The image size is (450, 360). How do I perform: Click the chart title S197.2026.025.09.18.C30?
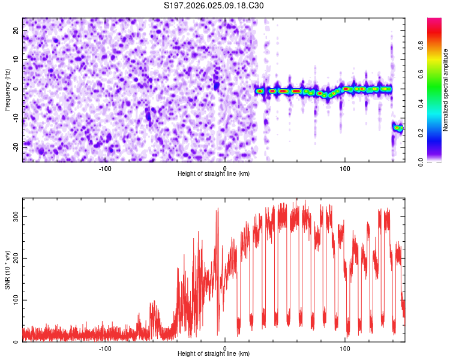tap(214, 5)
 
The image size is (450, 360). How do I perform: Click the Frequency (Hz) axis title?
tap(7, 90)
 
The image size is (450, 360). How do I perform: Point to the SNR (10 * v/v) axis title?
tap(7, 270)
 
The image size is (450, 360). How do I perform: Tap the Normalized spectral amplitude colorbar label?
tap(445, 90)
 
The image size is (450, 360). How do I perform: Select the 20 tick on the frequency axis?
tap(16, 30)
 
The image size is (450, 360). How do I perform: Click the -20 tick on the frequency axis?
tap(16, 147)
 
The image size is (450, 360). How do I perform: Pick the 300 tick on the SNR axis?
tap(16, 216)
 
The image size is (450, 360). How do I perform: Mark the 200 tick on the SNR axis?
tap(16, 258)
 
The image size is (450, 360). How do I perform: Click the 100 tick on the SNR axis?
tap(16, 300)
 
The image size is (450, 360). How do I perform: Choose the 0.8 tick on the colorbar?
tap(421, 46)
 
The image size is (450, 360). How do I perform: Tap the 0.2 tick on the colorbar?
tap(421, 133)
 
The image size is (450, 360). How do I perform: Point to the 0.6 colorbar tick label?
tap(421, 74)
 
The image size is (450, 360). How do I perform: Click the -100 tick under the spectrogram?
tap(105, 169)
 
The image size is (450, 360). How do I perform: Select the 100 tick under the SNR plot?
tap(345, 349)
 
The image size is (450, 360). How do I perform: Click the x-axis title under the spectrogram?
tap(214, 173)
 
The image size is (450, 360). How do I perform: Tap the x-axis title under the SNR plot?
tap(214, 353)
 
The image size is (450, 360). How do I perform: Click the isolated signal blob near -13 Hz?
tap(398, 127)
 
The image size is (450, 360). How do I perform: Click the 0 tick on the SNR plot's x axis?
tap(225, 349)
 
